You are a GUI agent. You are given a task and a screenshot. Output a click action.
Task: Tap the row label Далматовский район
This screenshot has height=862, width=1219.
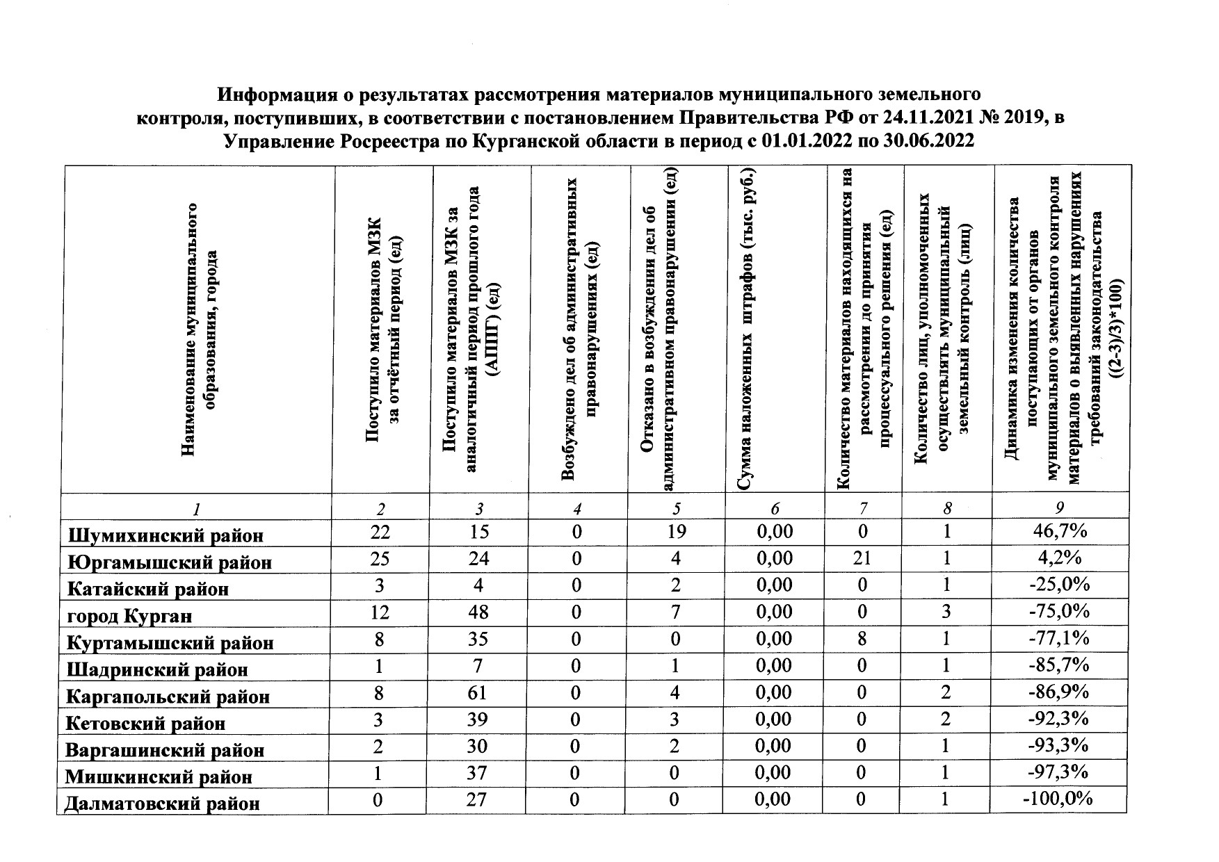(x=162, y=804)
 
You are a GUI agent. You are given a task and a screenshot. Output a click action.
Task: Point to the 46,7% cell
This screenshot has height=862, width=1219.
(x=1060, y=532)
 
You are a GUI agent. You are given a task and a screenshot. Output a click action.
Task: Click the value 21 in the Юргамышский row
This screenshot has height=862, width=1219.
(x=862, y=558)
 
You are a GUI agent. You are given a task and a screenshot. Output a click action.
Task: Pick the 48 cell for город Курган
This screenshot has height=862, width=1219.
(x=478, y=612)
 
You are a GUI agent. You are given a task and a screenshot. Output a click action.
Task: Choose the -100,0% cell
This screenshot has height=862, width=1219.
(x=1058, y=799)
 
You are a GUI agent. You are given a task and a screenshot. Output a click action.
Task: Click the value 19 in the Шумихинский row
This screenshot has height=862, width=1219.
(x=675, y=532)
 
